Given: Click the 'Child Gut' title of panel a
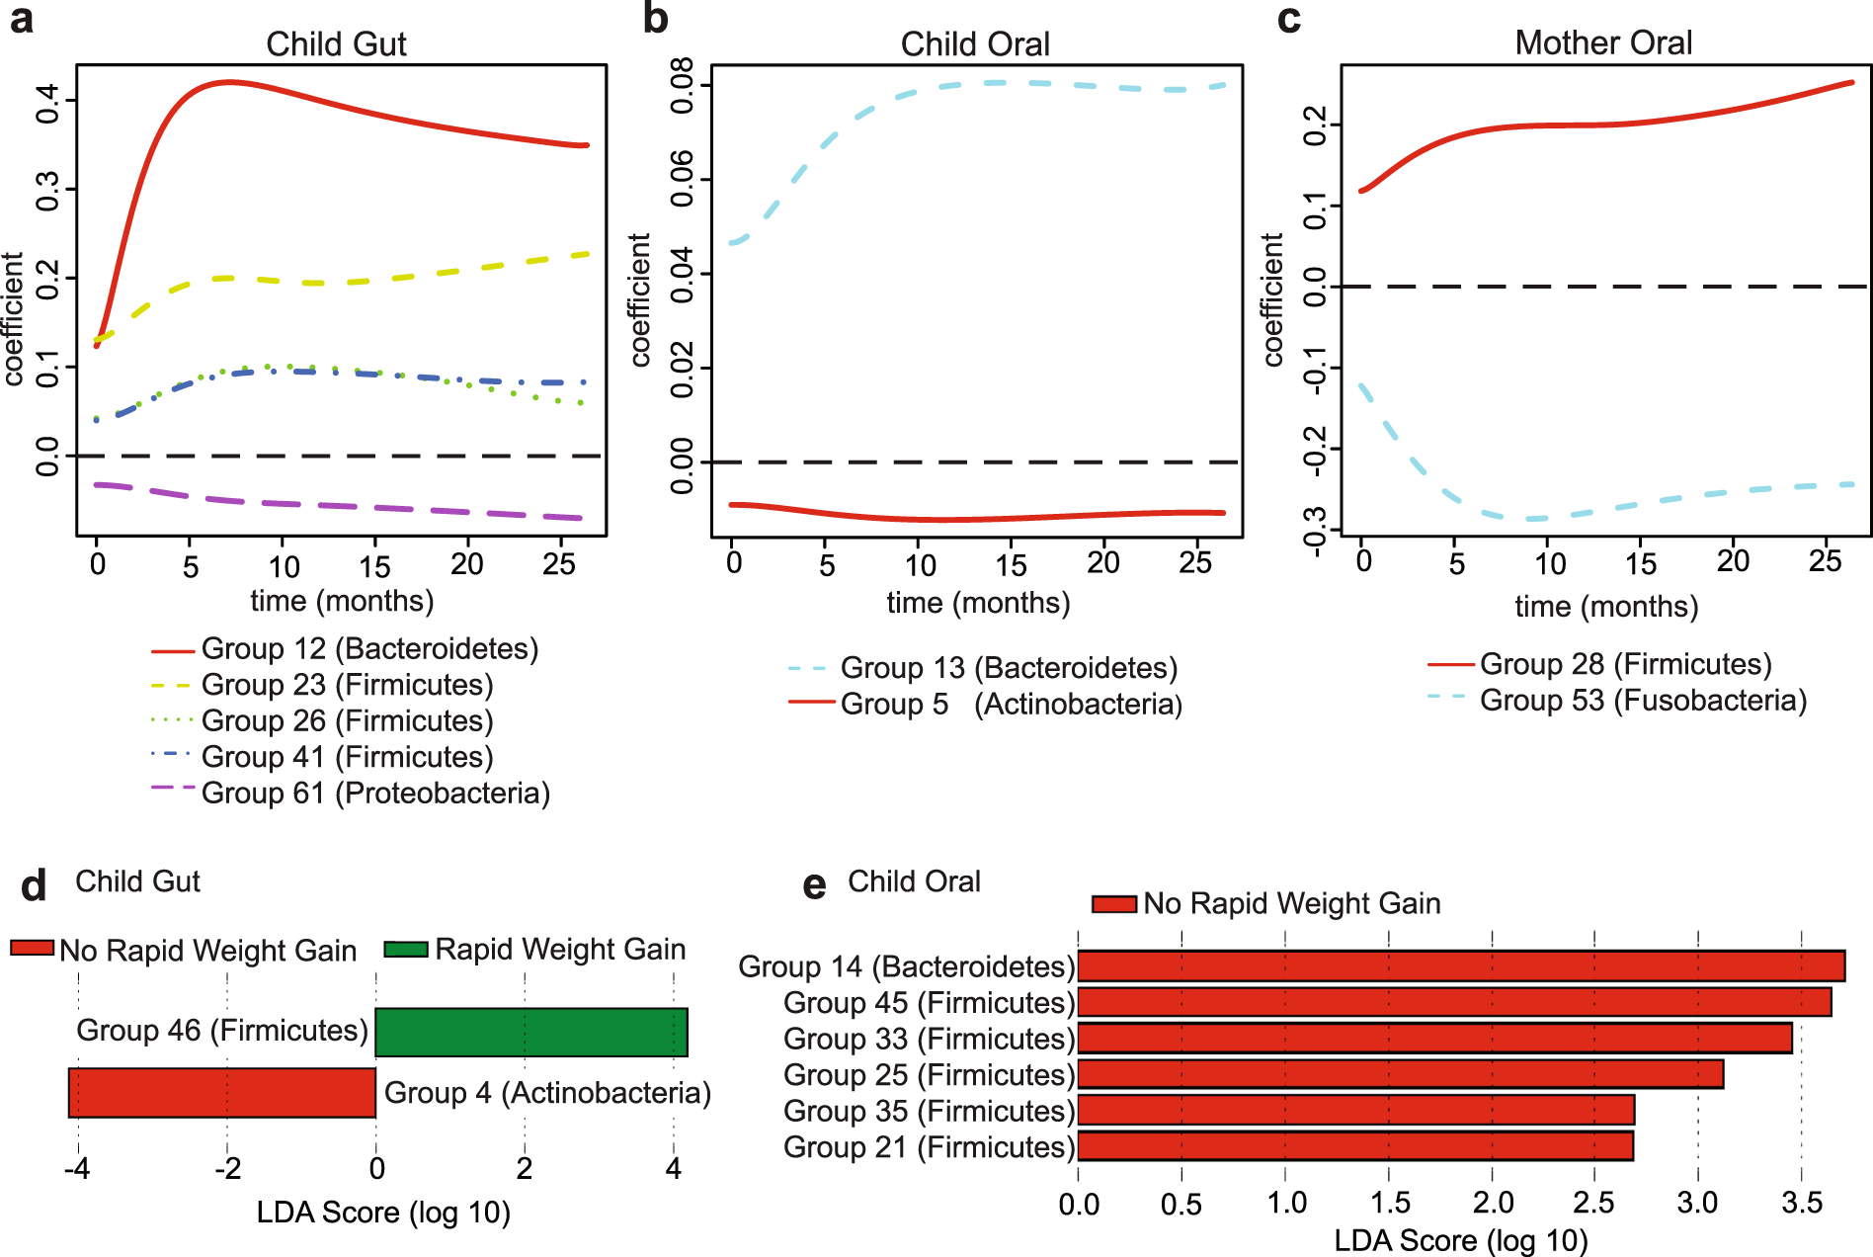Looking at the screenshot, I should [x=336, y=43].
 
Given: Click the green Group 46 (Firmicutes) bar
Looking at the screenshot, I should [x=531, y=1033].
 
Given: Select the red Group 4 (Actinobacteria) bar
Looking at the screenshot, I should [x=222, y=1093].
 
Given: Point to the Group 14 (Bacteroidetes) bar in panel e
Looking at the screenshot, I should [x=1460, y=965].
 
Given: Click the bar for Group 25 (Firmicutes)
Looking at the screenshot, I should [x=1400, y=1074].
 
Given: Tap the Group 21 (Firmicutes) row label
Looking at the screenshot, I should [x=929, y=1147].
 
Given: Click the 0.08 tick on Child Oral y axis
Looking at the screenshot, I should [x=683, y=86].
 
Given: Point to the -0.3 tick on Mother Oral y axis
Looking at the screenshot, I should [x=1315, y=531].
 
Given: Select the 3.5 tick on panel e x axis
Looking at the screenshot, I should [x=1801, y=1203].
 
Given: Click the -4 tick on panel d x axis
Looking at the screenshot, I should [x=76, y=1169].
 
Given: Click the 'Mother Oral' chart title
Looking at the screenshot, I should [x=1603, y=42].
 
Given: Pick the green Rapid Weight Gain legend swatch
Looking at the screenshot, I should [x=405, y=950].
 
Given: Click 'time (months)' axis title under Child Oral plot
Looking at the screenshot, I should [x=978, y=603].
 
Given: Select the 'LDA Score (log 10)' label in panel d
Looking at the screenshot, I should [x=383, y=1213].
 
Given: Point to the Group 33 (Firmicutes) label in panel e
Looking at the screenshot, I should [x=929, y=1039].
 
